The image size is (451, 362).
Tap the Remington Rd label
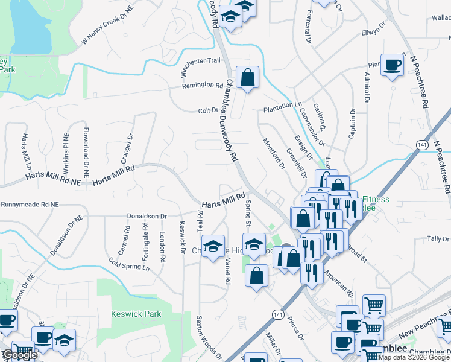[203, 86]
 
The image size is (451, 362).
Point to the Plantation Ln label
[282, 105]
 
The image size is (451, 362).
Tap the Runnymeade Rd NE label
[30, 205]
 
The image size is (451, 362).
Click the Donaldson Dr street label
[147, 215]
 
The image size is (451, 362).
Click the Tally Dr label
[438, 239]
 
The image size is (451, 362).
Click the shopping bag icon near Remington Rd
[247, 78]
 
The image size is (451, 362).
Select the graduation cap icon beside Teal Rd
[213, 246]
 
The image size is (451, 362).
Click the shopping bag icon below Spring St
[257, 276]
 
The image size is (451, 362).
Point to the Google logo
[19, 355]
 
